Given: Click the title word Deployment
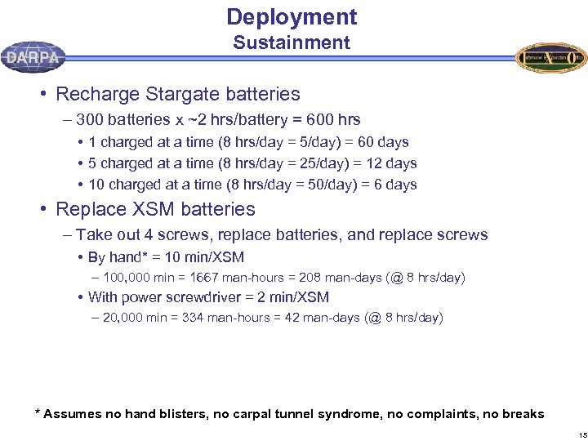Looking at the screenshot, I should [292, 17].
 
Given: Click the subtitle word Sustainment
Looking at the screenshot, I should [292, 43].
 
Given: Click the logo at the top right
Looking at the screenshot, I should [550, 57].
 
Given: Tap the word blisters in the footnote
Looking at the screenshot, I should [178, 414].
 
